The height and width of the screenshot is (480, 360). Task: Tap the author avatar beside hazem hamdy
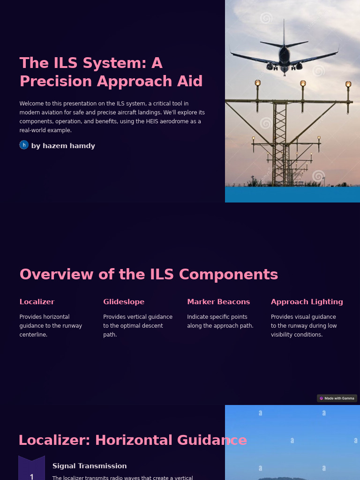(24, 145)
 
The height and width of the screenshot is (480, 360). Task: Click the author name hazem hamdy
(63, 146)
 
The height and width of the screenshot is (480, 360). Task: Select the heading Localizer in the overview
(37, 302)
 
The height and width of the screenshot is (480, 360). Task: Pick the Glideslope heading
(124, 302)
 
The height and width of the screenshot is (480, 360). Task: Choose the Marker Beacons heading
(218, 302)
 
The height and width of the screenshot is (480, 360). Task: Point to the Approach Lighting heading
(307, 302)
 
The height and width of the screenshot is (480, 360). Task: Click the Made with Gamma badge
(337, 398)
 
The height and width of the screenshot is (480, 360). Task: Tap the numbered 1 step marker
(31, 474)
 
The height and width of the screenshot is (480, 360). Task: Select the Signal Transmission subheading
(90, 466)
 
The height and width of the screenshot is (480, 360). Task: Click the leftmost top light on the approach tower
(257, 83)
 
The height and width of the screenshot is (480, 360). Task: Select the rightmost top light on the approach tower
(348, 84)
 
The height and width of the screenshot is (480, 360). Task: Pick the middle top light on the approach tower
(303, 83)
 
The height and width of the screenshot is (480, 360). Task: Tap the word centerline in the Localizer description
(33, 335)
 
